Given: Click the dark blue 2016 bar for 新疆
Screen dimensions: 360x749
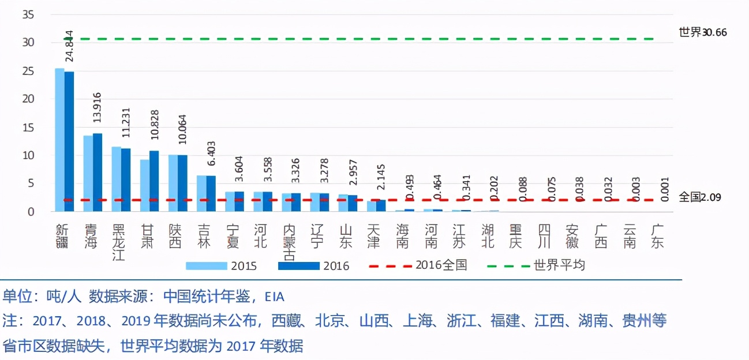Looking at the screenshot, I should (x=69, y=141).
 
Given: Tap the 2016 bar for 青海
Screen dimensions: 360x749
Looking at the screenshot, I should (x=98, y=172).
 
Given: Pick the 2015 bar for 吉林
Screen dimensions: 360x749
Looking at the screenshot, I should (x=202, y=194).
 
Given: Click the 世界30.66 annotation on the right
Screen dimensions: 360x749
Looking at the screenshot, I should (x=703, y=32).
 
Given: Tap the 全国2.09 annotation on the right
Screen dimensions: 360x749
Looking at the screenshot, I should (x=700, y=197).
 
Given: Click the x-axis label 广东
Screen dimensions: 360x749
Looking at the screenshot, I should (x=657, y=236).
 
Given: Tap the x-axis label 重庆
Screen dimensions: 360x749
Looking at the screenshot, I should (x=515, y=236).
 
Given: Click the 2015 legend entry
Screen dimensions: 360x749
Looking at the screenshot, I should (x=222, y=266).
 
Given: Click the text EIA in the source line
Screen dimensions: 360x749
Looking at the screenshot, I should (x=274, y=297).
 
